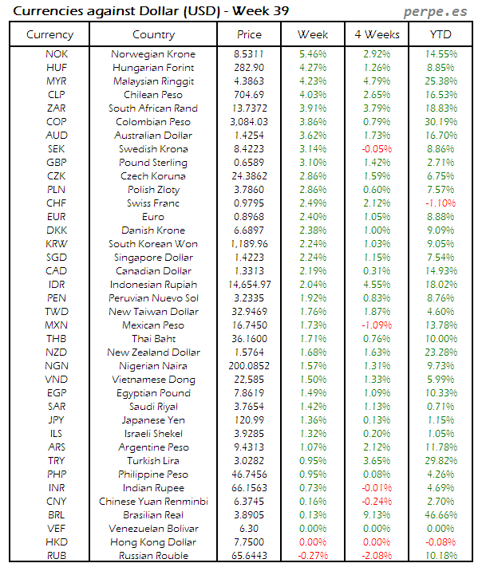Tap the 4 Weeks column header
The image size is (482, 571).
pos(377,34)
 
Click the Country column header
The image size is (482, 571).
pos(153,34)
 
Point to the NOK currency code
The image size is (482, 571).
pos(57,54)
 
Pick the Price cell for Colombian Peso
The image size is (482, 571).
pos(249,122)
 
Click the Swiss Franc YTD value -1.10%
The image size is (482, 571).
pos(441,203)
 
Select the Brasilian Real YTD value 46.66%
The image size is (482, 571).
pos(441,515)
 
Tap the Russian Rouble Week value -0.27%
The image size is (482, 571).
pos(312,556)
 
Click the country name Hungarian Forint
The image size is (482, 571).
pos(153,68)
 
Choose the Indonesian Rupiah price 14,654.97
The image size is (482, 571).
pos(249,285)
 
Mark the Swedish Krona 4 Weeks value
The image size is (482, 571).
pos(377,149)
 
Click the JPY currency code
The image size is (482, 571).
pos(57,420)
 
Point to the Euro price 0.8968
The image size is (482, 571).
pos(249,217)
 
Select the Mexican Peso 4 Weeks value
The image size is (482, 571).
pos(377,325)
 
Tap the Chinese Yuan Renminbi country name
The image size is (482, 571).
pos(153,502)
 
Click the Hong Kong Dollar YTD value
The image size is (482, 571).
pos(441,542)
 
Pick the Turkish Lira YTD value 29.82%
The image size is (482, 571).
pos(441,461)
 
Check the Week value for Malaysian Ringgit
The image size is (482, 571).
pos(312,81)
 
